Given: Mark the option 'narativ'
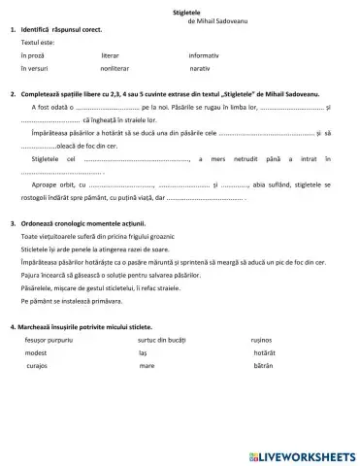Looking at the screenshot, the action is click(200, 70).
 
